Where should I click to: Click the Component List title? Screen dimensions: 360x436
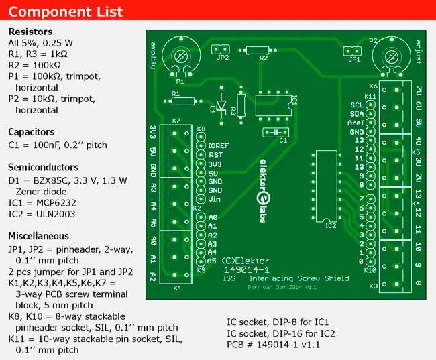tap(66, 11)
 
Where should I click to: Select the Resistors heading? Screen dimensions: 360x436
tap(30, 32)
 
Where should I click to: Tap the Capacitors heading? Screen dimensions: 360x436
tap(31, 132)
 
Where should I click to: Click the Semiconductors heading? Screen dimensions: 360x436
tap(43, 167)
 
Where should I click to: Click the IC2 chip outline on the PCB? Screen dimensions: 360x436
tap(325, 184)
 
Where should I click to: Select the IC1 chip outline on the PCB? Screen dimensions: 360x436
tap(272, 106)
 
